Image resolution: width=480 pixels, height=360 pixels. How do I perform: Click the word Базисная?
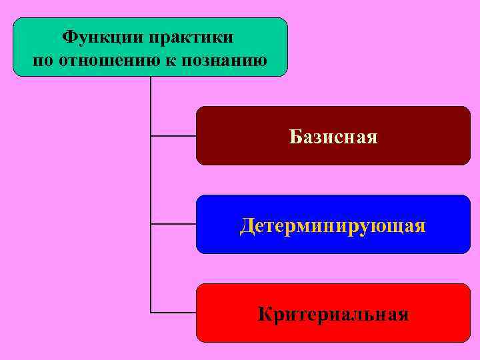pyautogui.click(x=333, y=137)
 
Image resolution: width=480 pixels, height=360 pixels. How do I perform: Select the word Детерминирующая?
pyautogui.click(x=333, y=226)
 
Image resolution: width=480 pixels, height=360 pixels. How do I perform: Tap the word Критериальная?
pyautogui.click(x=333, y=314)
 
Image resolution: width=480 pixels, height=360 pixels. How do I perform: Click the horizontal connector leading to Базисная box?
pyautogui.click(x=173, y=135)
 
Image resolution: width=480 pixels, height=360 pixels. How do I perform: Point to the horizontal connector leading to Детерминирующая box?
pyautogui.click(x=173, y=224)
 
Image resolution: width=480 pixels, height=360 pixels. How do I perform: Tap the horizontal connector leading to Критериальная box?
pyautogui.click(x=173, y=312)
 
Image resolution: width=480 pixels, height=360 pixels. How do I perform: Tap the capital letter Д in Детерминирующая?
pyautogui.click(x=247, y=226)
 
